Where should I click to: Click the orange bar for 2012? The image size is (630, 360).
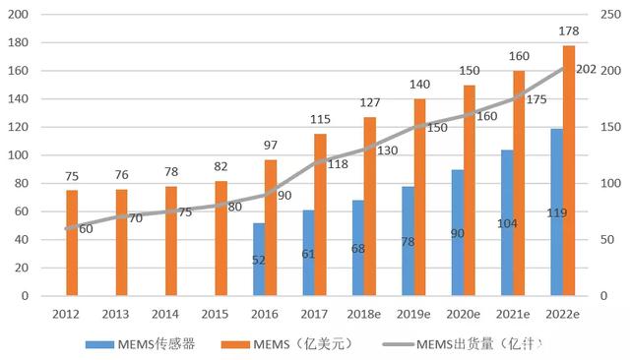point(72,243)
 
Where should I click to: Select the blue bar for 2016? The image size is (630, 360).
point(259,260)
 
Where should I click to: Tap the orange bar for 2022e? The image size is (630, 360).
point(569,170)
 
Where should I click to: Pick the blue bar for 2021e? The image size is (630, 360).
point(507,222)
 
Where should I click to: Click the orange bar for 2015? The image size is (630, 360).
point(220,238)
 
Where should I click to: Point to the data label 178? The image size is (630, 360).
point(569,30)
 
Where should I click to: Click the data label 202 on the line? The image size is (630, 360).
point(586,70)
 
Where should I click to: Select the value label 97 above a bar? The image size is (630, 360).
point(271,145)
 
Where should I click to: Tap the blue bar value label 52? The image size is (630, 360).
point(259,261)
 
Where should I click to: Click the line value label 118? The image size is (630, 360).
point(338,163)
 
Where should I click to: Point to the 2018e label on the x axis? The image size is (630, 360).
point(363,314)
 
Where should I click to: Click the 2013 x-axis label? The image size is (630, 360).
point(115,314)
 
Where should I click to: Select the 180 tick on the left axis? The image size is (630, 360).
point(18,42)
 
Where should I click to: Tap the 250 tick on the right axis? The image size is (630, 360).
point(610,15)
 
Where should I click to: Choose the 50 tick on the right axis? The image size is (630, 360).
point(607,240)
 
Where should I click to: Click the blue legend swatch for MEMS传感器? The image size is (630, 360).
point(99,344)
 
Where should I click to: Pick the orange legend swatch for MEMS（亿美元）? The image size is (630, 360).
point(235,344)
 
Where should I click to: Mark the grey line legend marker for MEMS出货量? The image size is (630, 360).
point(398,344)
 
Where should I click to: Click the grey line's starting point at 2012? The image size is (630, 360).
point(66,229)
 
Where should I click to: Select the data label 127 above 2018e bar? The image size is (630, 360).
point(370,102)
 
